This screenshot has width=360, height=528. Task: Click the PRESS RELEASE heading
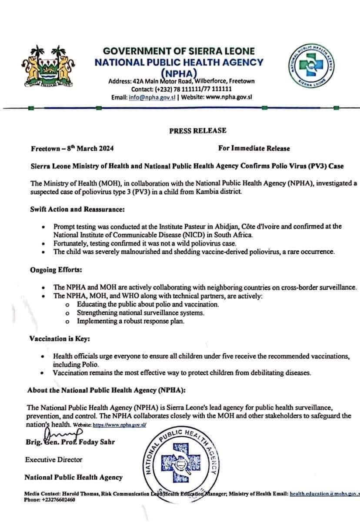pos(198,130)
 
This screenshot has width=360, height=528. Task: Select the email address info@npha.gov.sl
pos(152,97)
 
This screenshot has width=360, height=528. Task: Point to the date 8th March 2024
pos(91,149)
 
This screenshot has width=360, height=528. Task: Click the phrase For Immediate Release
pos(254,148)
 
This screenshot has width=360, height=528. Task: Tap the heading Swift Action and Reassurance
pos(77,209)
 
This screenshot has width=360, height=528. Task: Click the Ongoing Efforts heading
pos(56,270)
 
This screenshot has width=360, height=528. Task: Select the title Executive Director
pos(54,459)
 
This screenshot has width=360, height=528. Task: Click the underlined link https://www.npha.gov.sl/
pos(120,425)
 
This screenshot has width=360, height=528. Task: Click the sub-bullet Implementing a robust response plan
pos(130,321)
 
